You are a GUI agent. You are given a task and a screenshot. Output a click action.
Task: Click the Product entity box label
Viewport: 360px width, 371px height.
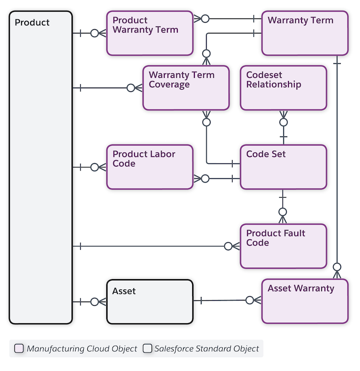click(x=32, y=23)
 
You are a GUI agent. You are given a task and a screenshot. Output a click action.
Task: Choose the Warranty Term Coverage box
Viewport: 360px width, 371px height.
click(x=186, y=88)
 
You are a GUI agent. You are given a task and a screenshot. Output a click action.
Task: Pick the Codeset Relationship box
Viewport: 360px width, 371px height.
click(x=283, y=88)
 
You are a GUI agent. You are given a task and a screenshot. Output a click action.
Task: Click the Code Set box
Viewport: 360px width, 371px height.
click(x=283, y=167)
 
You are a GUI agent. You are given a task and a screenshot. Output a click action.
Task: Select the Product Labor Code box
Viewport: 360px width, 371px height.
click(x=149, y=167)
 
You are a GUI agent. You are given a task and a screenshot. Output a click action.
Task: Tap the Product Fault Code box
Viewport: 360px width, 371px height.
click(x=283, y=246)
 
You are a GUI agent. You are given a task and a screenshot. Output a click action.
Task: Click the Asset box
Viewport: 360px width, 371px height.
click(x=149, y=302)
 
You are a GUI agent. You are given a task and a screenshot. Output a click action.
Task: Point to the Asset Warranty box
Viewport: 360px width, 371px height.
click(x=305, y=301)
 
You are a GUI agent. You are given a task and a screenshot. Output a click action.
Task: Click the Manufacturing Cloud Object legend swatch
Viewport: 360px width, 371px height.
click(x=19, y=348)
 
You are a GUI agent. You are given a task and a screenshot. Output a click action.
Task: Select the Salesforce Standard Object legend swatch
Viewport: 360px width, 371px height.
click(x=147, y=348)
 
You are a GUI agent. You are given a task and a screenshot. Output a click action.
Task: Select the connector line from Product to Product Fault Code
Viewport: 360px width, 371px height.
click(x=153, y=246)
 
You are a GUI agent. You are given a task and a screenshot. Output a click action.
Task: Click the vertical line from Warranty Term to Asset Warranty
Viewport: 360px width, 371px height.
click(x=337, y=162)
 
